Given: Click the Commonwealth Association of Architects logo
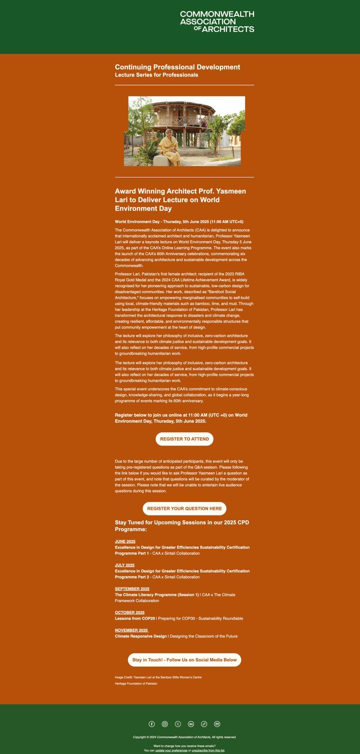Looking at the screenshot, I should point(217,22).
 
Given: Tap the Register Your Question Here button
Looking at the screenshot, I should point(185,508).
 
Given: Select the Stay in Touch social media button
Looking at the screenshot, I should point(185,660).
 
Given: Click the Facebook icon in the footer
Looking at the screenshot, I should point(152,724).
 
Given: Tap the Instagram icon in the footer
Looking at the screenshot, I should point(165,724).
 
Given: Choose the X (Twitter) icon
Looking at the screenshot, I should point(178,724).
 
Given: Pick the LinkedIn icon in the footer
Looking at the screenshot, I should point(191,724).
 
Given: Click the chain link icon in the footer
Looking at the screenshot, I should point(204,724).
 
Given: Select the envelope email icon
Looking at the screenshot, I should point(217,724).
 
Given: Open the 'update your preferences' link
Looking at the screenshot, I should point(171,750).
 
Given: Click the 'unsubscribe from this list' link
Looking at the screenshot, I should point(208,750).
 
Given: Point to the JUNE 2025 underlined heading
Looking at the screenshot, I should point(125,542).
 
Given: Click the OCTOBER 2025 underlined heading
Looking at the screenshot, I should point(130,613).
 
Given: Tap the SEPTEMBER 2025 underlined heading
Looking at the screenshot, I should point(132,589).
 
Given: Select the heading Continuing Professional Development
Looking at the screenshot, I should point(178,67).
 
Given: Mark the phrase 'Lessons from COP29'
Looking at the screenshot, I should point(135,618).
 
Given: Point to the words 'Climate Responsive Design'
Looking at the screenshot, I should point(141,636).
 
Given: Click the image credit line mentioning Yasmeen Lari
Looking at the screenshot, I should point(158,677).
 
